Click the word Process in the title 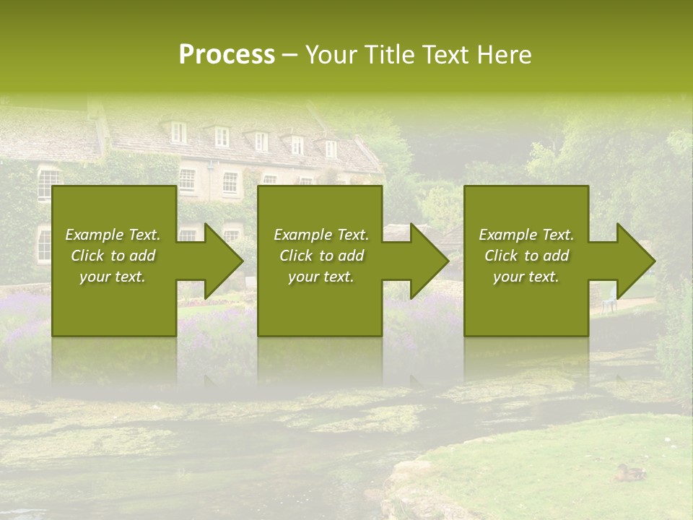[x=227, y=55]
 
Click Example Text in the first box [x=113, y=235]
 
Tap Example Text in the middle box [x=321, y=235]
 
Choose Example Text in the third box [x=526, y=235]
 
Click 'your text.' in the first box [x=113, y=277]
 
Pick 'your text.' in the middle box [x=321, y=277]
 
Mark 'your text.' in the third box [x=526, y=277]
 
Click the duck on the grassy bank [x=630, y=473]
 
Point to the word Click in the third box [x=502, y=256]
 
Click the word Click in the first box [x=88, y=256]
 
